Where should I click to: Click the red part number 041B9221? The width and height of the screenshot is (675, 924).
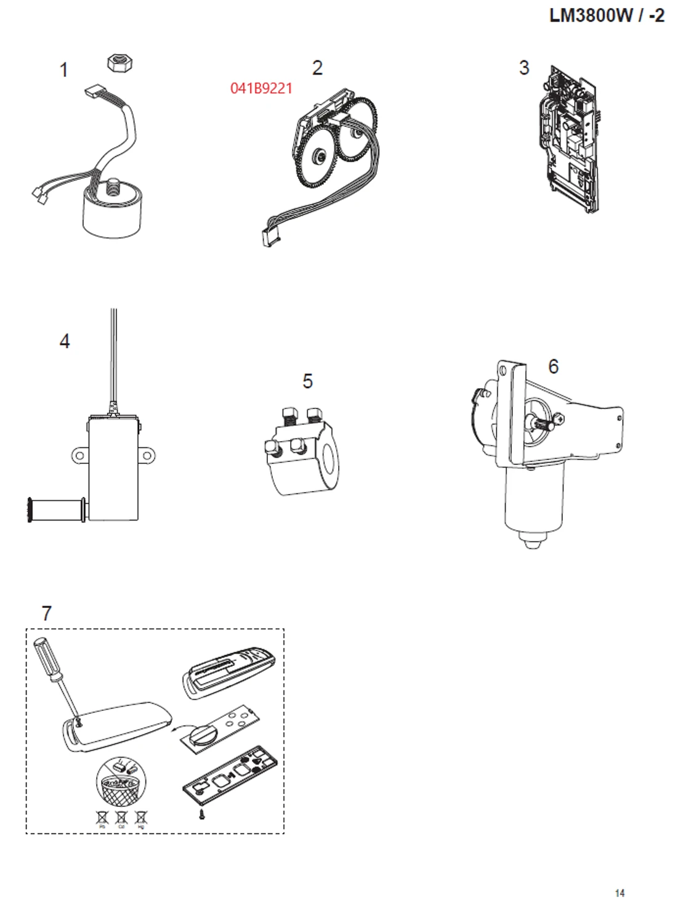point(261,88)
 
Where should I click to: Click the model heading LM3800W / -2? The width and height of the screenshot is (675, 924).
point(606,15)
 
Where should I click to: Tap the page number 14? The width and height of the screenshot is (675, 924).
point(620,893)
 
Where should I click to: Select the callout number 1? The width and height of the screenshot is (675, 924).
point(63,70)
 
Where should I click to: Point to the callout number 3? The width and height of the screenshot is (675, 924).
point(524,67)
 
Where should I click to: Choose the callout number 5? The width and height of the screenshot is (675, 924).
point(308,381)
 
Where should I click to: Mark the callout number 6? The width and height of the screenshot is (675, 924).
point(554,366)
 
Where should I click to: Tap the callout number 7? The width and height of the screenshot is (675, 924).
point(47,613)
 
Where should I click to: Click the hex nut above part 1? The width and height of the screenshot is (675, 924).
point(120,62)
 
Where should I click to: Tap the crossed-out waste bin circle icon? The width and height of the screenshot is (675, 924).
point(121,782)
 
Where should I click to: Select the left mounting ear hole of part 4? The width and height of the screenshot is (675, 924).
point(79,456)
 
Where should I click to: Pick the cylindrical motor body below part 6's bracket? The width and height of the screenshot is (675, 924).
point(533,502)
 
